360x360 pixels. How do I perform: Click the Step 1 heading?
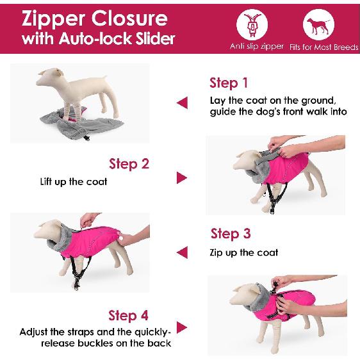(228, 83)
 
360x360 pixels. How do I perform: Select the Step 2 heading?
(129, 163)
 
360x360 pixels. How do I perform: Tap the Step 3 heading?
(230, 233)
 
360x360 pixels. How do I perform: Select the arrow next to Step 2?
(181, 177)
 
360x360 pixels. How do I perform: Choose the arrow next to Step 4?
(182, 328)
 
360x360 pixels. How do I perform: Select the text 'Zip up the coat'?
(244, 252)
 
